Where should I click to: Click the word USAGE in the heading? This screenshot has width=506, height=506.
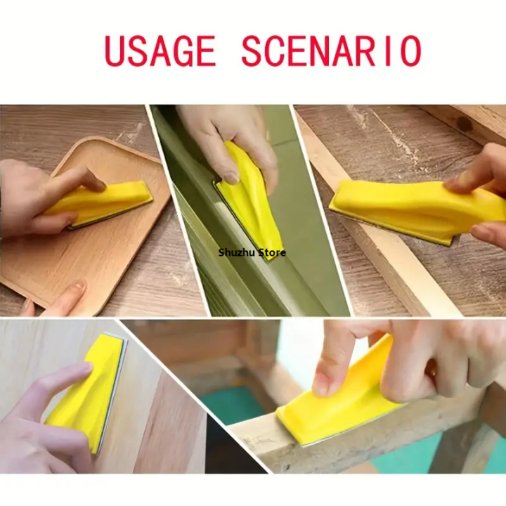coord(160,51)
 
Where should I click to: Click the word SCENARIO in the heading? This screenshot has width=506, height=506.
coord(332,51)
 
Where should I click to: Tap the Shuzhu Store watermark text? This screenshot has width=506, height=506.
coord(252,252)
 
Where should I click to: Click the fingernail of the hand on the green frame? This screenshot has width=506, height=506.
coord(231,178)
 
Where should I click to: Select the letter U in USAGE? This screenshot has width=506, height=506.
coord(115,51)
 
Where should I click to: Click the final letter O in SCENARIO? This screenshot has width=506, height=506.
coord(410,51)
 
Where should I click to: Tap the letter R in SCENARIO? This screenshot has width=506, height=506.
coord(376,51)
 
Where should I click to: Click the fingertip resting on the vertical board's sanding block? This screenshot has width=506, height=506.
coord(84,368)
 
